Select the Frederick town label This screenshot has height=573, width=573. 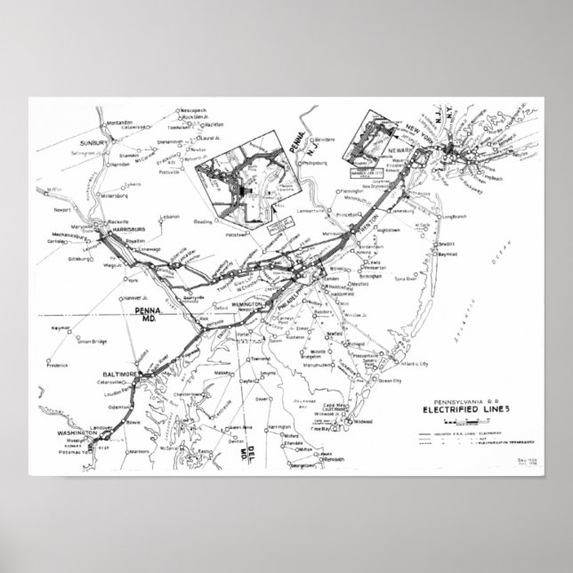[59, 340]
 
